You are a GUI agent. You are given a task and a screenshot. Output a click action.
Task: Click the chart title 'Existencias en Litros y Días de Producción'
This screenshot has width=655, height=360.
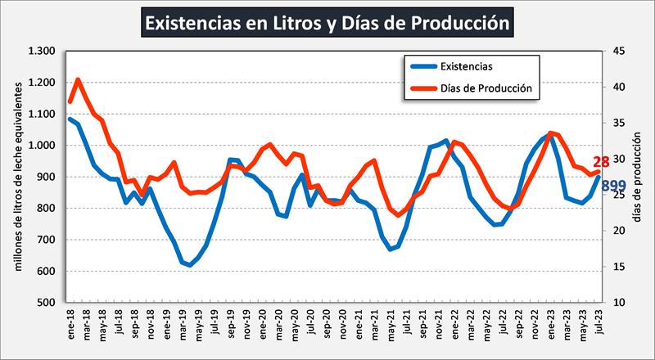click(x=327, y=22)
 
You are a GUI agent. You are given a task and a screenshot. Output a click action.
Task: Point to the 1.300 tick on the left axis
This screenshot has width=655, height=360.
click(x=40, y=52)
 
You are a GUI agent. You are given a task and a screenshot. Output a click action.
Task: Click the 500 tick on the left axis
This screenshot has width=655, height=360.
click(x=46, y=303)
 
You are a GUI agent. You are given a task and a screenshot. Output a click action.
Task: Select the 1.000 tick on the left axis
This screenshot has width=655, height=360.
click(x=40, y=146)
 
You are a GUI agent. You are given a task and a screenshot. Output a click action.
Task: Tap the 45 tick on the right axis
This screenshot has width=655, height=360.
click(x=619, y=52)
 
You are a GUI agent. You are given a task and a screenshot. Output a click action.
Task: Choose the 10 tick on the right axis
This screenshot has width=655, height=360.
click(x=619, y=303)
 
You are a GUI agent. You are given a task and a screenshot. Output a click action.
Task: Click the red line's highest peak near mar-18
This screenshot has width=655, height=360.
click(x=78, y=80)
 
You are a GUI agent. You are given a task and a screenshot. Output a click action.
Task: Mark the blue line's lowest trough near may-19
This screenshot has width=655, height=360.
click(x=191, y=265)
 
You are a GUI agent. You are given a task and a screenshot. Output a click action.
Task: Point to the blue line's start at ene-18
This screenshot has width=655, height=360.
click(x=70, y=119)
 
